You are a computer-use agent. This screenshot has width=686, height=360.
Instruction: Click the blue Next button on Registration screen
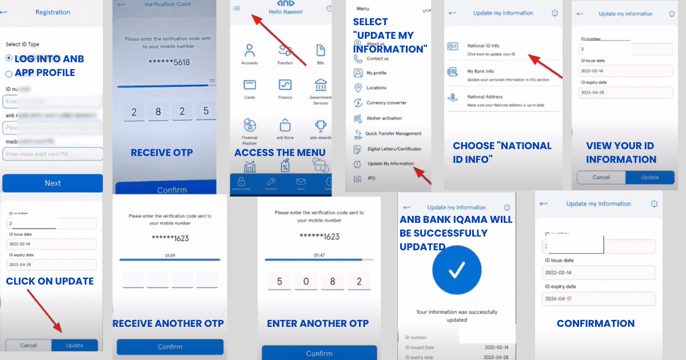[x=53, y=183]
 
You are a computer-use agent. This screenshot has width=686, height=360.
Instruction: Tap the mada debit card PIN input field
[x=53, y=154]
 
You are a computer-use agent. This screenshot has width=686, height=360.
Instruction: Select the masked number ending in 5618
[x=169, y=62]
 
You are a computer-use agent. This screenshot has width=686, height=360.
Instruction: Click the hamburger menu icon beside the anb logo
[x=237, y=8]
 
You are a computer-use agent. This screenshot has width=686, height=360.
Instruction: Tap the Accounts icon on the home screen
[x=249, y=53]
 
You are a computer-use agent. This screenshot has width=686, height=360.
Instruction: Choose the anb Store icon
[x=285, y=129]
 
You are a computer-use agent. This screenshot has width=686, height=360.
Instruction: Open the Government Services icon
[x=320, y=91]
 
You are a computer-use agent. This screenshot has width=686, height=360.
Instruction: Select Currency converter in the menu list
[x=386, y=103]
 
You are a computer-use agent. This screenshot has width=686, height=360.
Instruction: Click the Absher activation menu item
[x=384, y=118]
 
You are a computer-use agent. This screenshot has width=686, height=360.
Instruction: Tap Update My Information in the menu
[x=390, y=164]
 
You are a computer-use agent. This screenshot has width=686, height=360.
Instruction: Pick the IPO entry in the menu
[x=372, y=179]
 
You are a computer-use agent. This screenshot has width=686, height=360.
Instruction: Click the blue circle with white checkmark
[x=456, y=272]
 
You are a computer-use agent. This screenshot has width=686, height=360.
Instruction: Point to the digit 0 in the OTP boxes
[x=307, y=281]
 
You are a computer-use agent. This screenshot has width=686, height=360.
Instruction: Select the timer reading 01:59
[x=170, y=255]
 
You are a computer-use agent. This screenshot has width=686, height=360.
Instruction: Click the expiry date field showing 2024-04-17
[x=598, y=299]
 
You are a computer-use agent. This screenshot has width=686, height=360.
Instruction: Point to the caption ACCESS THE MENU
[x=280, y=153]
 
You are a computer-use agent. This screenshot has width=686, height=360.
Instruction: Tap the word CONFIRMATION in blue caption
[x=596, y=323]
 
